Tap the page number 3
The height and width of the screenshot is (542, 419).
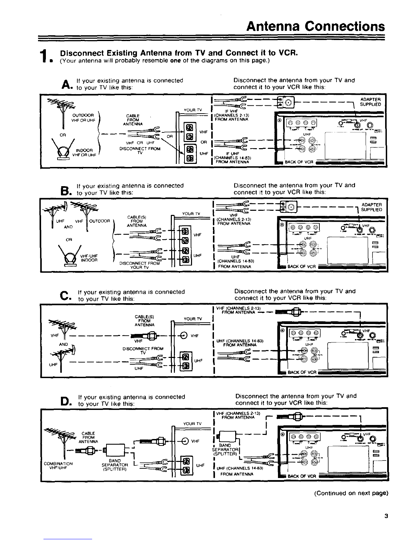(x=386, y=517)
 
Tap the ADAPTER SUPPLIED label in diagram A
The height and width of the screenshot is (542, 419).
(x=371, y=102)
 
